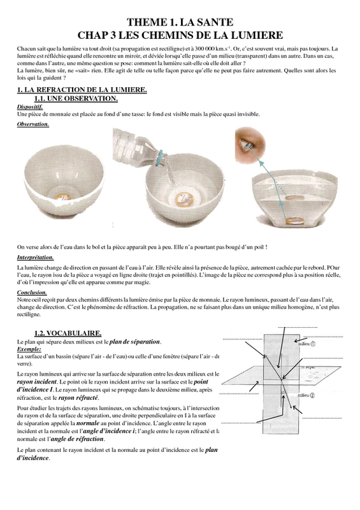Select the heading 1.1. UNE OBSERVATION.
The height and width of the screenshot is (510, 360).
[x=76, y=98]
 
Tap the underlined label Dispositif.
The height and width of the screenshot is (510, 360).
[x=30, y=106]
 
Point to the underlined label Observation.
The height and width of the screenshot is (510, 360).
[x=33, y=124]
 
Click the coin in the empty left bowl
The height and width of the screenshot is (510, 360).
[x=63, y=198]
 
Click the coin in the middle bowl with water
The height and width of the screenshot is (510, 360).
[x=184, y=199]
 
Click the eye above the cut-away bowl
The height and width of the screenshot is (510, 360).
[x=250, y=145]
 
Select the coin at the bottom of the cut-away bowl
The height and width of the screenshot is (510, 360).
[x=295, y=222]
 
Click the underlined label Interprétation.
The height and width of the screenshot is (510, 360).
[x=35, y=258]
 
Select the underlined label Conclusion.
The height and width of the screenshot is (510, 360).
[x=32, y=293]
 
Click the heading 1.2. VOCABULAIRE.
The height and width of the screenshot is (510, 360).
[x=68, y=333]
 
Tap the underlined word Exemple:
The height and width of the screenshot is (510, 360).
[x=29, y=349]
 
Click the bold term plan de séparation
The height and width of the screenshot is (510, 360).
[x=134, y=342]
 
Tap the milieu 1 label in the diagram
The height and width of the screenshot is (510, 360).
[x=306, y=344]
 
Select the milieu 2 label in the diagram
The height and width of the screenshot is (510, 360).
[x=306, y=395]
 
